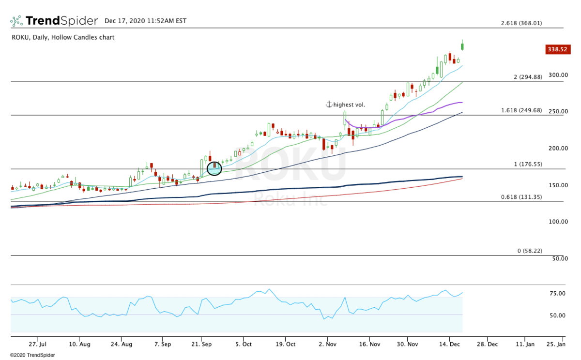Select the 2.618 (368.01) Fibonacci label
tap(521, 23)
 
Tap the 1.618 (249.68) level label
tap(521, 110)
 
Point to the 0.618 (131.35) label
tap(521, 197)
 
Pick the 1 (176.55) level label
tap(528, 164)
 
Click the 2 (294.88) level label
tap(528, 77)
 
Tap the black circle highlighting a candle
tap(214, 168)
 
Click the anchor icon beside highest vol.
tap(328, 105)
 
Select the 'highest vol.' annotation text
tap(349, 105)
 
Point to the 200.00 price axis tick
tap(558, 148)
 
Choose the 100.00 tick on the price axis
tap(558, 222)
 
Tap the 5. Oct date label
tap(244, 345)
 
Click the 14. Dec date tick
tap(449, 345)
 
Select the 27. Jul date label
tap(37, 345)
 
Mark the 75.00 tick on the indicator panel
tap(558, 293)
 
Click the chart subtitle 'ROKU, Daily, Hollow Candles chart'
tap(63, 37)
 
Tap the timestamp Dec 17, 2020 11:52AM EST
tap(145, 21)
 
